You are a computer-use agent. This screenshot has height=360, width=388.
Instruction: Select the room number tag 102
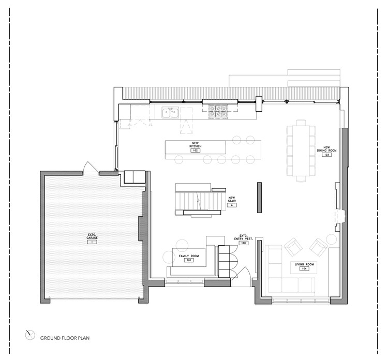[x=196, y=151]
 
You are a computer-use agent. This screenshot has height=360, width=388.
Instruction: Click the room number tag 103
[x=326, y=155]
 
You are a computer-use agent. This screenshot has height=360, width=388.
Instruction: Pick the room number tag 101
[x=189, y=260]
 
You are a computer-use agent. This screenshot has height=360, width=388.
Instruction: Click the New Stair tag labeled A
[x=232, y=205]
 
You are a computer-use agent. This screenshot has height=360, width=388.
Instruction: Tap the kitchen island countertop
[x=213, y=148]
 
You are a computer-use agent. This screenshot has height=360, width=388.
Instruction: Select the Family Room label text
[x=189, y=256]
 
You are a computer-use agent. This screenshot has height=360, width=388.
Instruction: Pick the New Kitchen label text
[x=196, y=145]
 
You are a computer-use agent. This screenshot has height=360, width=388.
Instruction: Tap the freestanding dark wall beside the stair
[x=259, y=197]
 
